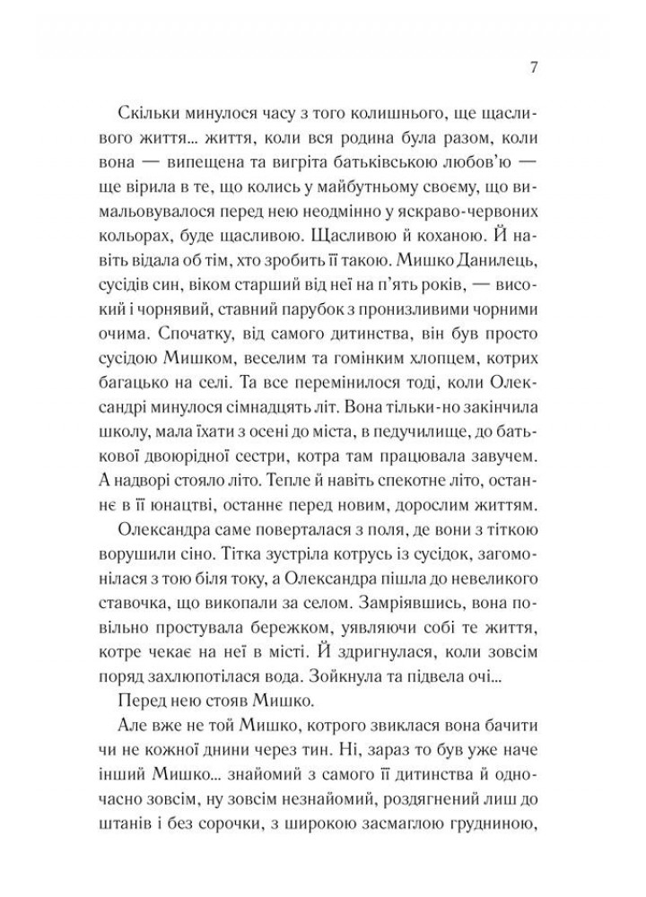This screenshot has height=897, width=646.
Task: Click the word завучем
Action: (x=504, y=460)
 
